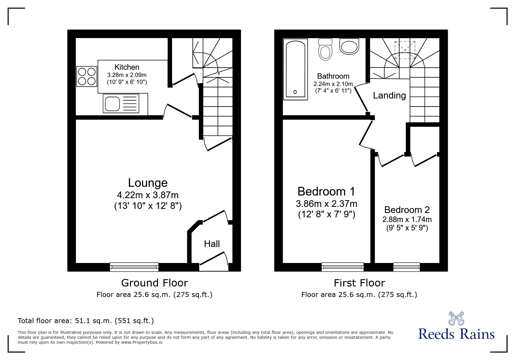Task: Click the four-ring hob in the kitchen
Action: (87, 76)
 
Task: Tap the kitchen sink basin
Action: (112, 104)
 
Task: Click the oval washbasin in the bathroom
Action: (349, 46)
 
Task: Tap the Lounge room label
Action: (148, 183)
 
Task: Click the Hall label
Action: (212, 244)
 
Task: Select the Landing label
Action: (389, 95)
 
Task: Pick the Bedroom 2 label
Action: (407, 210)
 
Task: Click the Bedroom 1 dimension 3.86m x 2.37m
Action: (327, 204)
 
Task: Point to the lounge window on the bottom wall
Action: (134, 267)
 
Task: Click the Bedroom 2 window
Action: (406, 267)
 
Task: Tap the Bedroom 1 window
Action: (343, 267)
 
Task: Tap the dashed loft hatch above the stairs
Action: (405, 50)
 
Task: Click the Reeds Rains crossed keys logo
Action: (456, 318)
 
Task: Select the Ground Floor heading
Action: (154, 283)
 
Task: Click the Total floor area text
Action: (85, 321)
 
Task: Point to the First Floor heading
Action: (359, 283)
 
